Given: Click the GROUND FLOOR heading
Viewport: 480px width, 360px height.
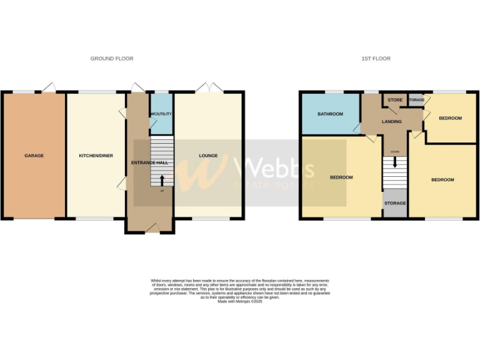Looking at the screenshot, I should coord(112,59).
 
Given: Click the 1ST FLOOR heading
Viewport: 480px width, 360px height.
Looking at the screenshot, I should coord(376,59).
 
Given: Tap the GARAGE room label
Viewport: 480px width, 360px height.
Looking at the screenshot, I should coord(34,156).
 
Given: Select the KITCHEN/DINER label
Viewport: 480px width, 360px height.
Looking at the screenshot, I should coord(96,156).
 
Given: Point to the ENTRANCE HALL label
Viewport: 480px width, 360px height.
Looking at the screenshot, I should coord(149,162).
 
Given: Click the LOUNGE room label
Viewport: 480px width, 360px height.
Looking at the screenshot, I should coord(208,156).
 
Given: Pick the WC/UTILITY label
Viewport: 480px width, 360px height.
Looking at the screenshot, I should coord(161,114).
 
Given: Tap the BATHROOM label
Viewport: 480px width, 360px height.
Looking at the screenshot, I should coord(330,114).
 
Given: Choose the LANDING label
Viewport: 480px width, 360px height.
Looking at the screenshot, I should coord(392,121).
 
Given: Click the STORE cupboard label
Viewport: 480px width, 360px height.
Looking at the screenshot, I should coord(395,100).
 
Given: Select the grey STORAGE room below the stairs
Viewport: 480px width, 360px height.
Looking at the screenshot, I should coord(395,203).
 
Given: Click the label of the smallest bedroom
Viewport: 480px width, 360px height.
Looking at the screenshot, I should coord(450,118).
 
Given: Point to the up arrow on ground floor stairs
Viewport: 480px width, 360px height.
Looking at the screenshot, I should coord(162,181).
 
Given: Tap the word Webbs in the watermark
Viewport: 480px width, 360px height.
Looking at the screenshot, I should coord(275,167).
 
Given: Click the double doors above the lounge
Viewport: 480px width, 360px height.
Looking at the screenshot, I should coord(208,88).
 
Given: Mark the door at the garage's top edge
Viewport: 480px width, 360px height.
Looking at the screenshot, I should coord(49,87).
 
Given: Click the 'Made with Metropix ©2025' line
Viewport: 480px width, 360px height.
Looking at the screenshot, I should coord(240,302).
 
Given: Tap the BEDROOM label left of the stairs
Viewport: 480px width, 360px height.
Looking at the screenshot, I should coord(341,177).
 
